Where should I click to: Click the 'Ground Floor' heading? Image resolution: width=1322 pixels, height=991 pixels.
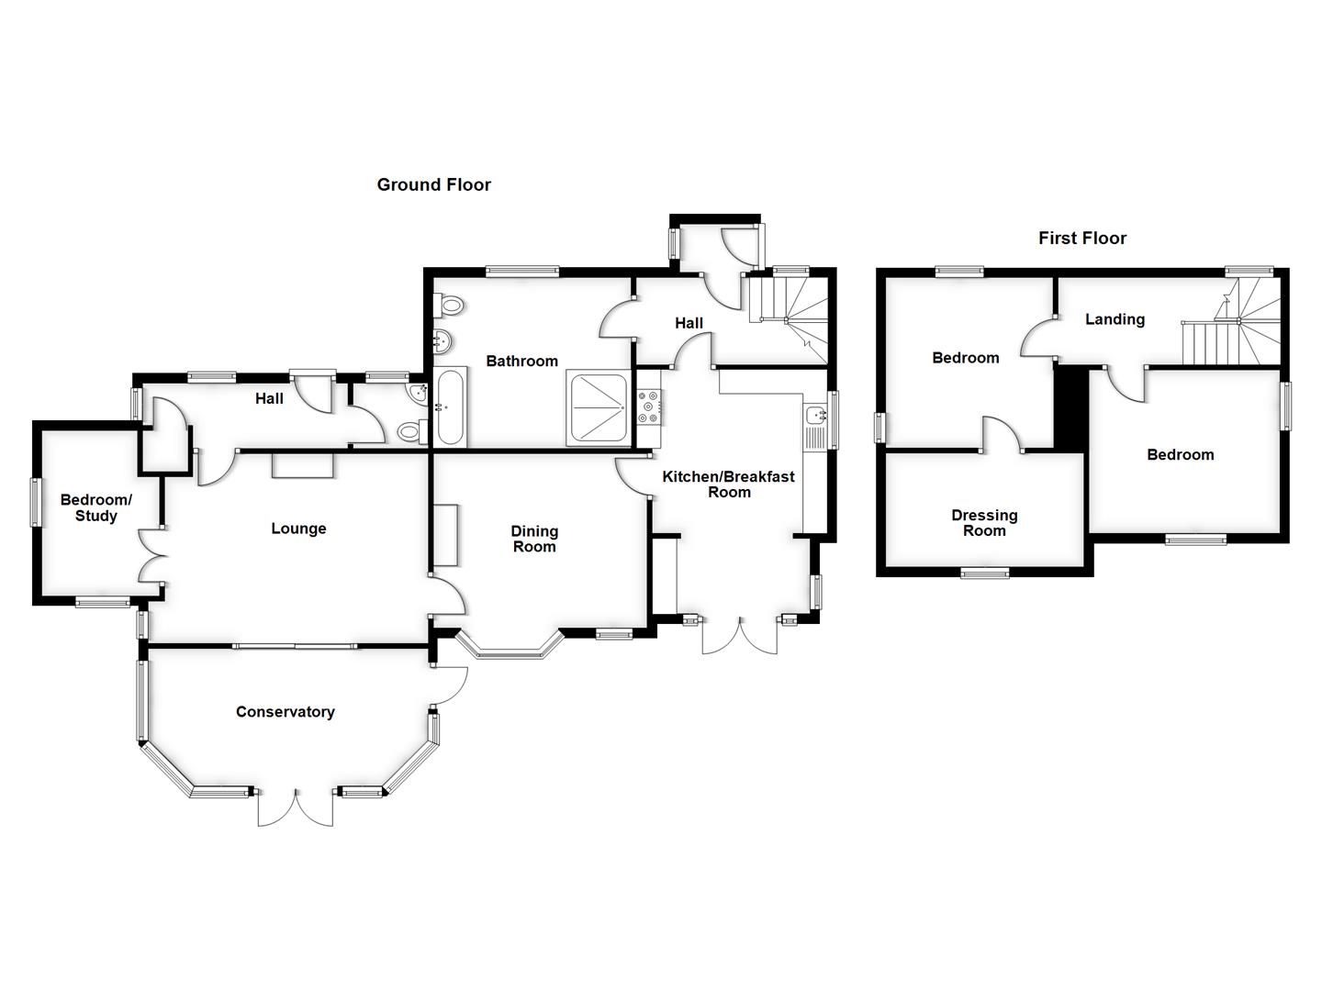pyautogui.click(x=433, y=184)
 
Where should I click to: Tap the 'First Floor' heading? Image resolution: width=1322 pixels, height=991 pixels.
pyautogui.click(x=1081, y=238)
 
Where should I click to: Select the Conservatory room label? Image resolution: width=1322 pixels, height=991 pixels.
pyautogui.click(x=285, y=712)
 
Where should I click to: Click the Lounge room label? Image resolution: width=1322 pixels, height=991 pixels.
pyautogui.click(x=298, y=529)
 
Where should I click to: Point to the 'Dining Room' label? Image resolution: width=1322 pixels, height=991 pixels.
pyautogui.click(x=533, y=539)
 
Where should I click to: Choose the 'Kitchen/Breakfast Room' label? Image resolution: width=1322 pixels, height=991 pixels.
pyautogui.click(x=728, y=484)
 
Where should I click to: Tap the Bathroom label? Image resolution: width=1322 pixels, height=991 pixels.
pyautogui.click(x=521, y=361)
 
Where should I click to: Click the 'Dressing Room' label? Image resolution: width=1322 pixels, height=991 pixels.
pyautogui.click(x=983, y=523)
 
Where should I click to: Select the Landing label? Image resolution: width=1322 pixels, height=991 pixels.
pyautogui.click(x=1115, y=319)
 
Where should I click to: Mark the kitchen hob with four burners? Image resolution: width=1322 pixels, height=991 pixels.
pyautogui.click(x=649, y=406)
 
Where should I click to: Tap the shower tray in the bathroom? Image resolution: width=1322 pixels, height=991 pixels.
pyautogui.click(x=599, y=407)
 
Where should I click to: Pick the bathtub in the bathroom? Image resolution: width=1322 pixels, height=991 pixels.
pyautogui.click(x=451, y=407)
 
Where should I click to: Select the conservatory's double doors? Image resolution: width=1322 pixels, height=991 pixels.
pyautogui.click(x=296, y=807)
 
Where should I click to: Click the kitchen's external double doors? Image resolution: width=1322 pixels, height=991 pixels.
pyautogui.click(x=740, y=635)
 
